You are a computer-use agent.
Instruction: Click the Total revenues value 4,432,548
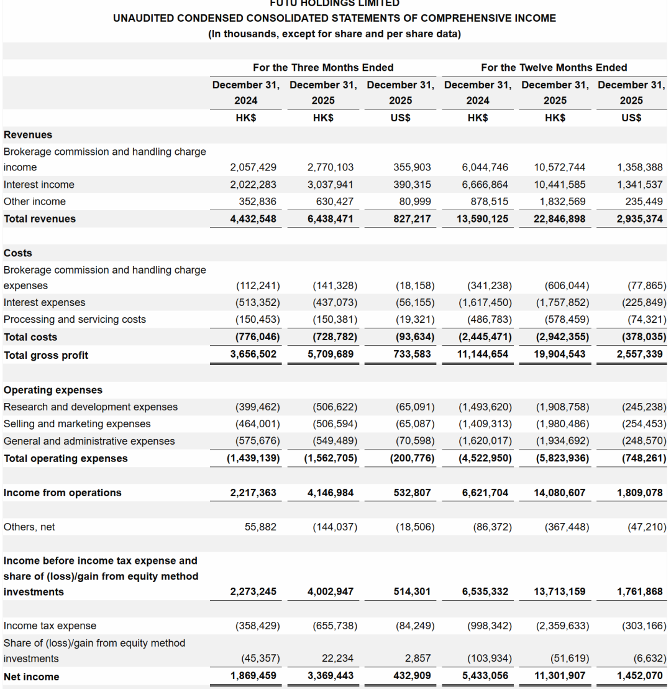click(253, 219)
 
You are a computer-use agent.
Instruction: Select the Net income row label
click(32, 677)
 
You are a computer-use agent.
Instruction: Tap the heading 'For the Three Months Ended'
click(323, 67)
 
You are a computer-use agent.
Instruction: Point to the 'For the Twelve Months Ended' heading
click(554, 67)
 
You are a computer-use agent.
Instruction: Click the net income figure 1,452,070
click(640, 675)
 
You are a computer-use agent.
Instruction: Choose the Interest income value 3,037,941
click(331, 185)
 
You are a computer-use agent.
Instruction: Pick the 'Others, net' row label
click(29, 527)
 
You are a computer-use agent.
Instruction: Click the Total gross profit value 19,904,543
click(559, 354)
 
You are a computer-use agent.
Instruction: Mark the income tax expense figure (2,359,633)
click(562, 626)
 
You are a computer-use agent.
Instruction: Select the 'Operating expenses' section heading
click(53, 390)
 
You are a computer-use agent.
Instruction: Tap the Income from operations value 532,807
click(412, 492)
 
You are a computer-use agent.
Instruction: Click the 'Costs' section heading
click(18, 253)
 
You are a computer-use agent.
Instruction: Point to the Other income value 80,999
click(414, 201)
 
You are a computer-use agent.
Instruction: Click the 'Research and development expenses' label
click(91, 407)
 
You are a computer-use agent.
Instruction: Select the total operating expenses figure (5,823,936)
click(562, 458)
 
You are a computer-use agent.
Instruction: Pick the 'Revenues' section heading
click(28, 135)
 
